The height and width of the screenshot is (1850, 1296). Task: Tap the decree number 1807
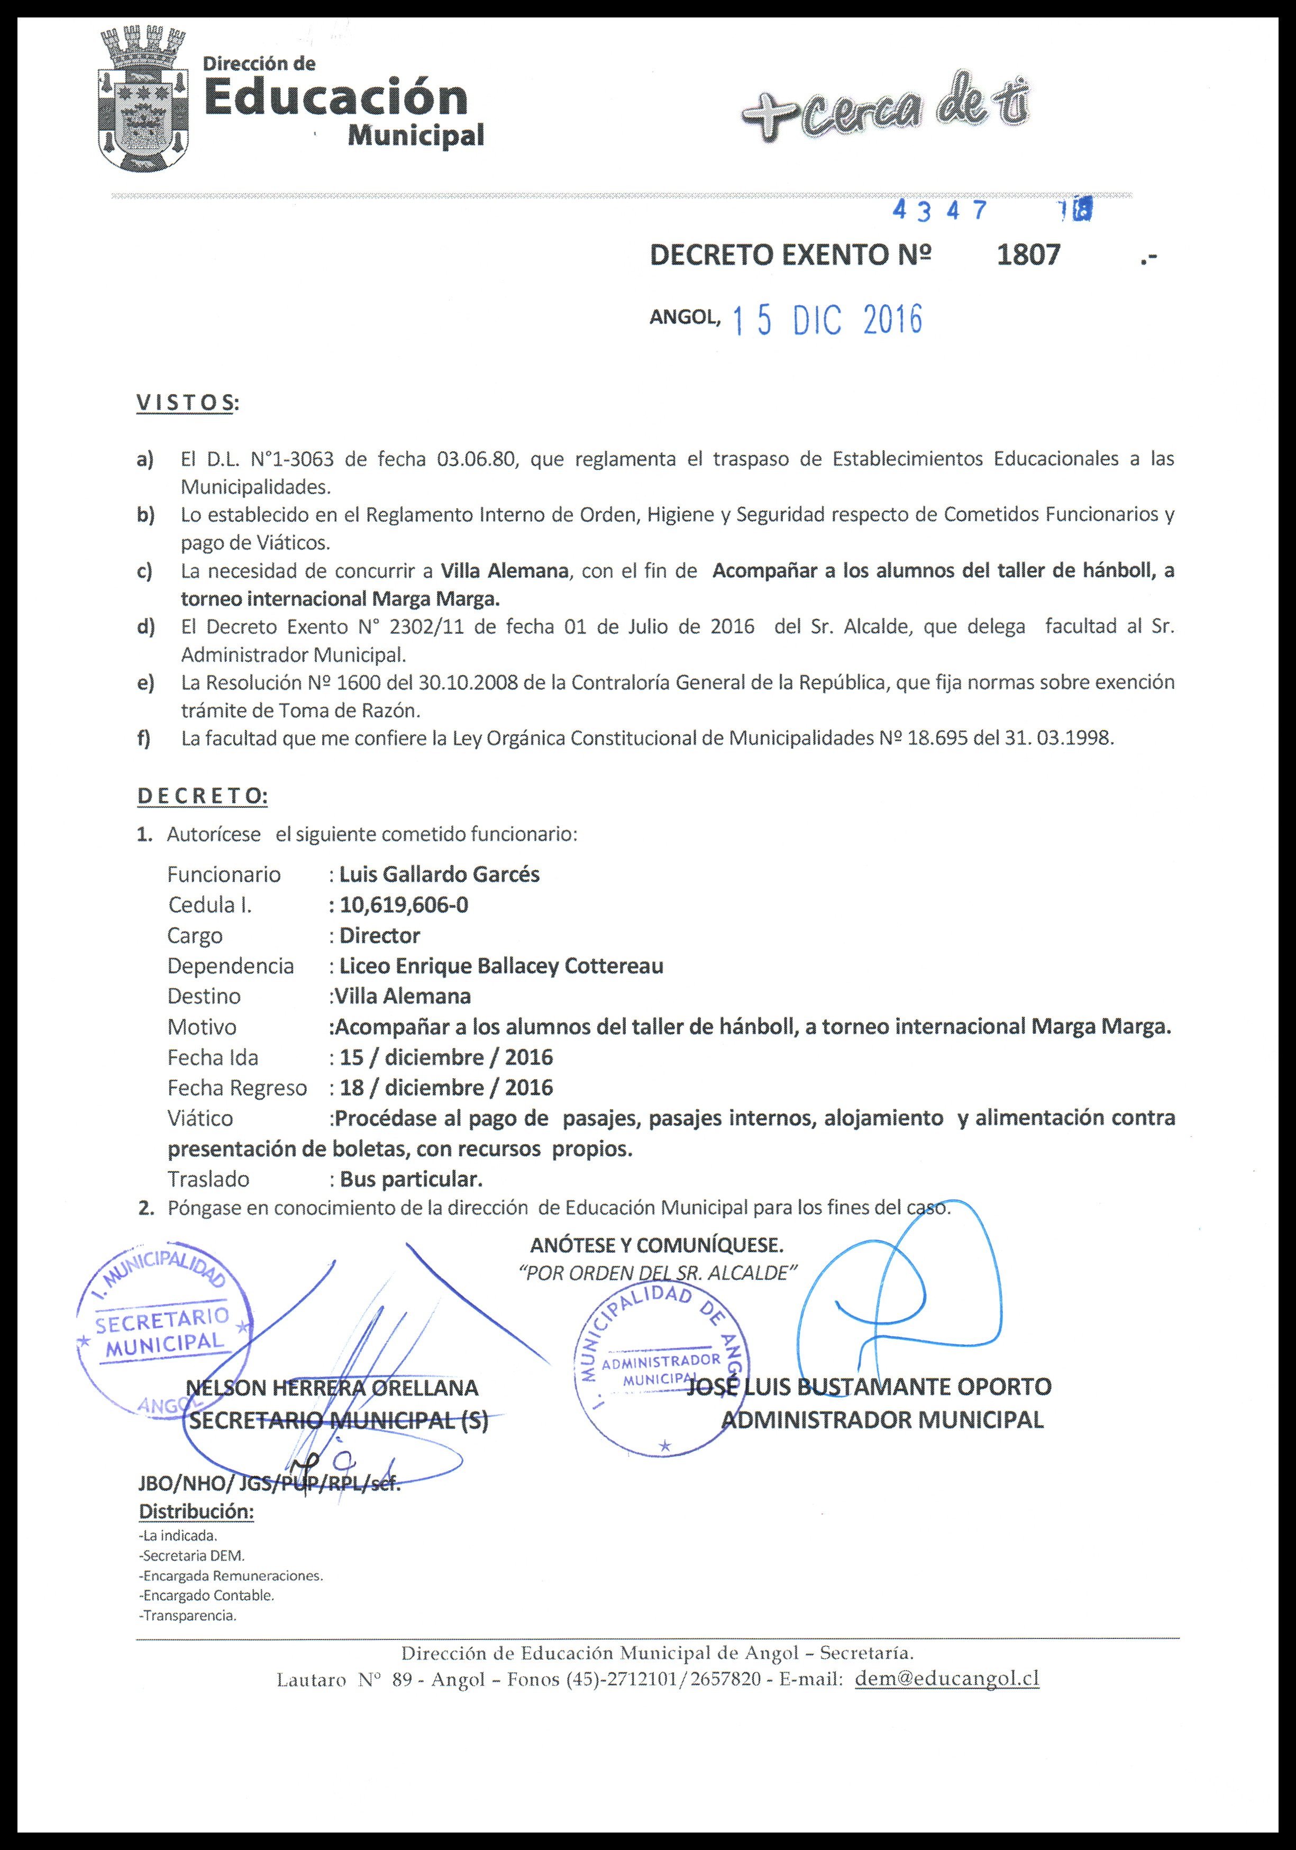coord(1028,254)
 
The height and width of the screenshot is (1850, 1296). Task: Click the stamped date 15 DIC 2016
coord(826,321)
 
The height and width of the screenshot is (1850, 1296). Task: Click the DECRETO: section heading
coord(202,796)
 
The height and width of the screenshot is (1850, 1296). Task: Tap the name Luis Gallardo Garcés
coord(439,874)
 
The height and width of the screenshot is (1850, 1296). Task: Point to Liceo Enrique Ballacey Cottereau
coord(501,966)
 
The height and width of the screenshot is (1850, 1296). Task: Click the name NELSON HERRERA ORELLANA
coord(332,1388)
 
